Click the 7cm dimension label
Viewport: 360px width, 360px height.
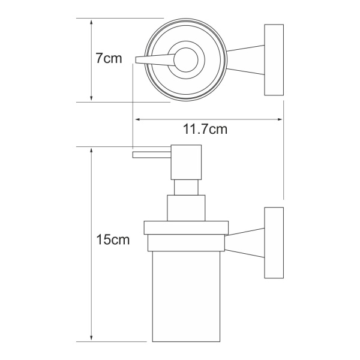pyautogui.click(x=109, y=58)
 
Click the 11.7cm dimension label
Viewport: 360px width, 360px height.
pyautogui.click(x=205, y=129)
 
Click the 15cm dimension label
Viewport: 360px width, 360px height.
pyautogui.click(x=113, y=239)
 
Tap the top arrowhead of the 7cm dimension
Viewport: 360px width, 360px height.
pyautogui.click(x=91, y=22)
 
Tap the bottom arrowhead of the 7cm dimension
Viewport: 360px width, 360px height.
pyautogui.click(x=91, y=98)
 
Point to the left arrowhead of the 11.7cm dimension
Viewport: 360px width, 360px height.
pyautogui.click(x=138, y=119)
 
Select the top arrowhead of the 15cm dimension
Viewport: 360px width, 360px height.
pyautogui.click(x=91, y=151)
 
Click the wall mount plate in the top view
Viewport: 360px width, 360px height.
pyautogui.click(x=274, y=59)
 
